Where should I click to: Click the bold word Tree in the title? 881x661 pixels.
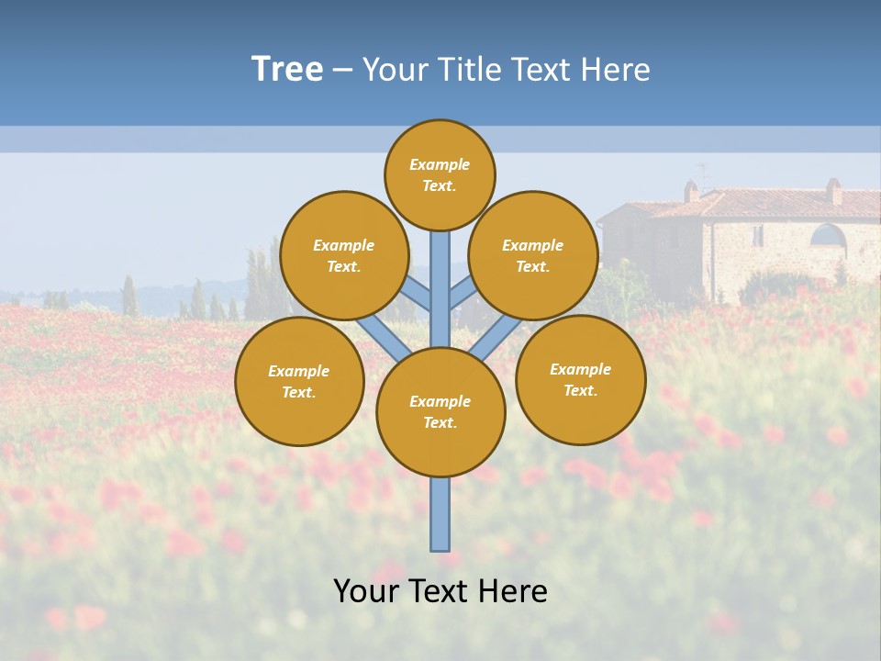tap(287, 69)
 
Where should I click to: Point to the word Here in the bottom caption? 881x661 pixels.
tap(512, 591)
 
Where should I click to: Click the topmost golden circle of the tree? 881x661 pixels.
tap(440, 174)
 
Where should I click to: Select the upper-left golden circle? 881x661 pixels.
tap(343, 255)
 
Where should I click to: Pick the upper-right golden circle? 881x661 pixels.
tap(532, 255)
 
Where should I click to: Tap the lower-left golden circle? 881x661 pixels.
tap(299, 381)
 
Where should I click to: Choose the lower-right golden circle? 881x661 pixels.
tap(580, 379)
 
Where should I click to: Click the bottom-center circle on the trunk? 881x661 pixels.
tap(440, 411)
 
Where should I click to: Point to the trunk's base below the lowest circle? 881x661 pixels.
tap(440, 514)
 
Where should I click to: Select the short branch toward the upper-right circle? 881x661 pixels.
tap(463, 294)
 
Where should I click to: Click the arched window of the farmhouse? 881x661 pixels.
tap(827, 235)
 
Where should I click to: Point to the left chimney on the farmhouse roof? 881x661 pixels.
tap(691, 191)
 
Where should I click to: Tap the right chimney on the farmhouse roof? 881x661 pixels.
tap(833, 191)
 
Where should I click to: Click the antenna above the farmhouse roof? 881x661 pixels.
tap(704, 174)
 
